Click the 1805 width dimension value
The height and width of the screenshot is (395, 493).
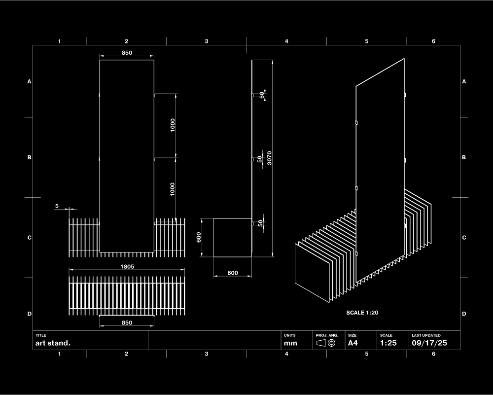[x=127, y=266]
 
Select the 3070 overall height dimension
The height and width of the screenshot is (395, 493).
[x=269, y=158]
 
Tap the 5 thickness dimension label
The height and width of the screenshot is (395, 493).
[x=57, y=206]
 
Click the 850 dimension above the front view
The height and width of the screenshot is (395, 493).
[x=127, y=53]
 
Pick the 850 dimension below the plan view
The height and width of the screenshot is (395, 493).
[x=127, y=323]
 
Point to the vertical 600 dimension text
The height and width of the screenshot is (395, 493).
[x=199, y=237]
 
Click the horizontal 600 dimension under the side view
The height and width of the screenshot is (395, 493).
[x=233, y=273]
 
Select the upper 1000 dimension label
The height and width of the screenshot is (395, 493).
[x=173, y=125]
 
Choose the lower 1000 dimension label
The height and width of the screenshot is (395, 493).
[x=173, y=189]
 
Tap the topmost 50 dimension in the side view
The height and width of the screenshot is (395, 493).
[x=262, y=95]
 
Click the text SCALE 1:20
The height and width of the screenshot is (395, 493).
[x=362, y=313]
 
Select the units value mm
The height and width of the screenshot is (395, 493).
[x=290, y=343]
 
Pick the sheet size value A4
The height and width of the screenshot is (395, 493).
[x=353, y=343]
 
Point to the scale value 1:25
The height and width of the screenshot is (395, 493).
[x=388, y=343]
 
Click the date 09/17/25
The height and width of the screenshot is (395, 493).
[x=429, y=343]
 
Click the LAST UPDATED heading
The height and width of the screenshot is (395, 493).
[x=426, y=335]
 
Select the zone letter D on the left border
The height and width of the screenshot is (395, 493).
[x=29, y=314]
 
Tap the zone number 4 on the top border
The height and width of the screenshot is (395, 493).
[x=286, y=41]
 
